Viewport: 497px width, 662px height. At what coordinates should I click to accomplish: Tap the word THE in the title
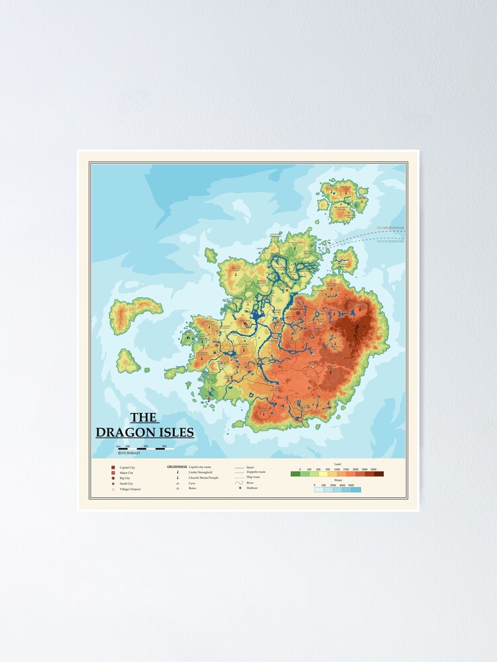(143, 418)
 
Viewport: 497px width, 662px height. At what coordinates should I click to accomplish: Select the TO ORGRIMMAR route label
(389, 228)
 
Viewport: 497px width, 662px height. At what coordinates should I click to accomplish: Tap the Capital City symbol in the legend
(113, 468)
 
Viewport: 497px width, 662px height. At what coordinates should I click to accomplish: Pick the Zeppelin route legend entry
(255, 473)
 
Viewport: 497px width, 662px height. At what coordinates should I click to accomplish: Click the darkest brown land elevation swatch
(378, 474)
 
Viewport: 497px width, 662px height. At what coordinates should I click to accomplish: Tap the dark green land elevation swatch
(296, 474)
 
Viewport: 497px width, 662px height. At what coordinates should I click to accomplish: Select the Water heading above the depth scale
(337, 480)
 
